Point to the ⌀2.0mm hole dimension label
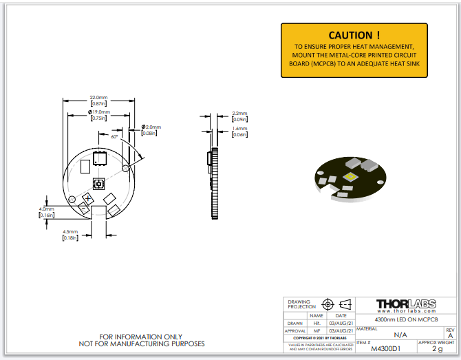(x=151, y=127)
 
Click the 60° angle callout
(x=115, y=136)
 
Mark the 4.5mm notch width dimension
(x=70, y=232)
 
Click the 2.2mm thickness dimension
(x=239, y=113)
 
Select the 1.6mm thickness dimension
(x=239, y=128)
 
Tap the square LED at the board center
(x=98, y=183)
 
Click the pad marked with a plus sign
(x=89, y=199)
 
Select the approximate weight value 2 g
(x=437, y=349)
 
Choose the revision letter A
(x=450, y=336)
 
